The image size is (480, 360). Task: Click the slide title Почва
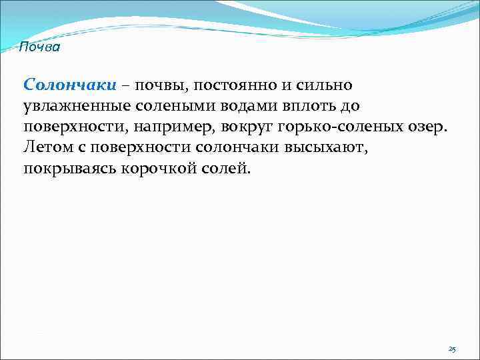39,47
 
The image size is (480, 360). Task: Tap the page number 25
452,349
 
